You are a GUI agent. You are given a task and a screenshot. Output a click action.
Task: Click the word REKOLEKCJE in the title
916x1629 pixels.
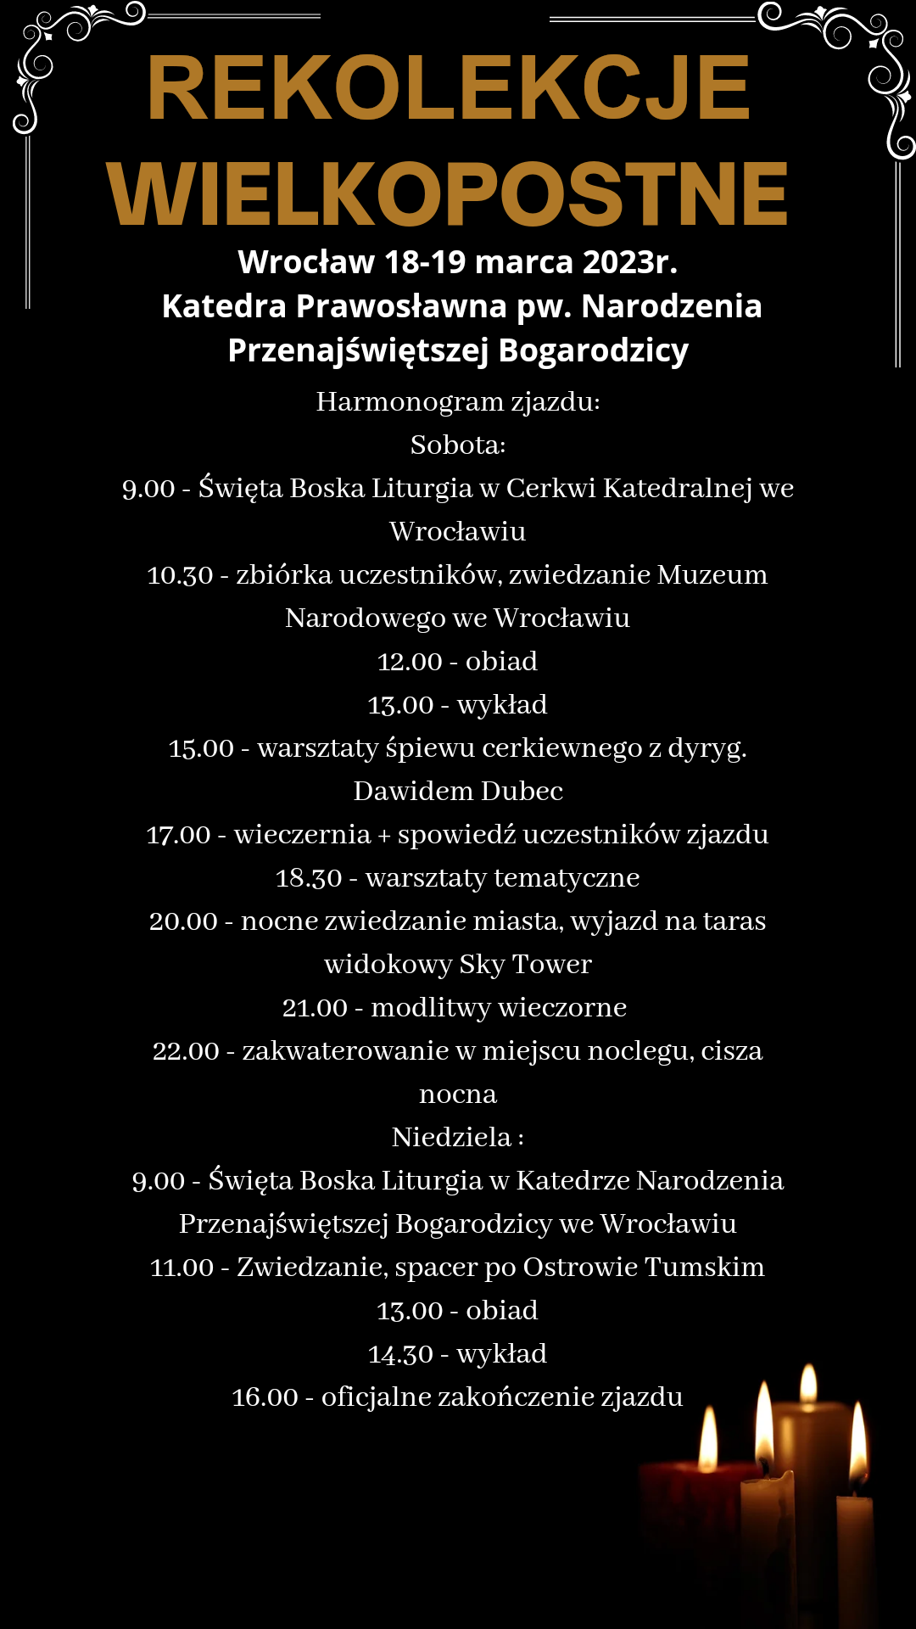449,88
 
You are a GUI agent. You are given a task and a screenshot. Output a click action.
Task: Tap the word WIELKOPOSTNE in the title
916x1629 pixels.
447,194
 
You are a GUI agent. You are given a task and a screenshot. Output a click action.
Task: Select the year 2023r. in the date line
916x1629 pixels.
630,262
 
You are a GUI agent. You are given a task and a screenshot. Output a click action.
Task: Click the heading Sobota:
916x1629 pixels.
458,445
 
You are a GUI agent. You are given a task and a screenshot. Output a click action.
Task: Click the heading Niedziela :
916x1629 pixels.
458,1137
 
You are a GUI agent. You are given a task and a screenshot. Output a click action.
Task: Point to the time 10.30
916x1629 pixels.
180,575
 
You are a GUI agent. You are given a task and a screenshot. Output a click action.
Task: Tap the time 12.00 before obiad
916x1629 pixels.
410,662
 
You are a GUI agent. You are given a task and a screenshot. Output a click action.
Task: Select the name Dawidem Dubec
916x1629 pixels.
458,791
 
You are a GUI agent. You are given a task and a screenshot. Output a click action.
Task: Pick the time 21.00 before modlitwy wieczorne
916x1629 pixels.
315,1008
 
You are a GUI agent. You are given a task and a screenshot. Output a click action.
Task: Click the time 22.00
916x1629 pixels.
186,1051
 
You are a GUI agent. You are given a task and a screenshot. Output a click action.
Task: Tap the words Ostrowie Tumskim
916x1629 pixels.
644,1267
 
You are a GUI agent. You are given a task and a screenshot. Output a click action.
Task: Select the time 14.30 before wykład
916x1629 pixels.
400,1354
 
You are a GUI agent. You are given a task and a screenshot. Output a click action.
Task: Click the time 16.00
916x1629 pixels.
265,1397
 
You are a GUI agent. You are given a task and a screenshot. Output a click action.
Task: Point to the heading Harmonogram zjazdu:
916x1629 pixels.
458,401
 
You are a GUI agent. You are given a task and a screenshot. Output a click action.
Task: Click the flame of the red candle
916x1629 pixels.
708,1440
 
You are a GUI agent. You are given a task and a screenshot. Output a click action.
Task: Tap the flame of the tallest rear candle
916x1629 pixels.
809,1384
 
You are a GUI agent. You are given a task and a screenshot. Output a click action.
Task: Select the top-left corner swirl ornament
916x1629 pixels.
59,51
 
